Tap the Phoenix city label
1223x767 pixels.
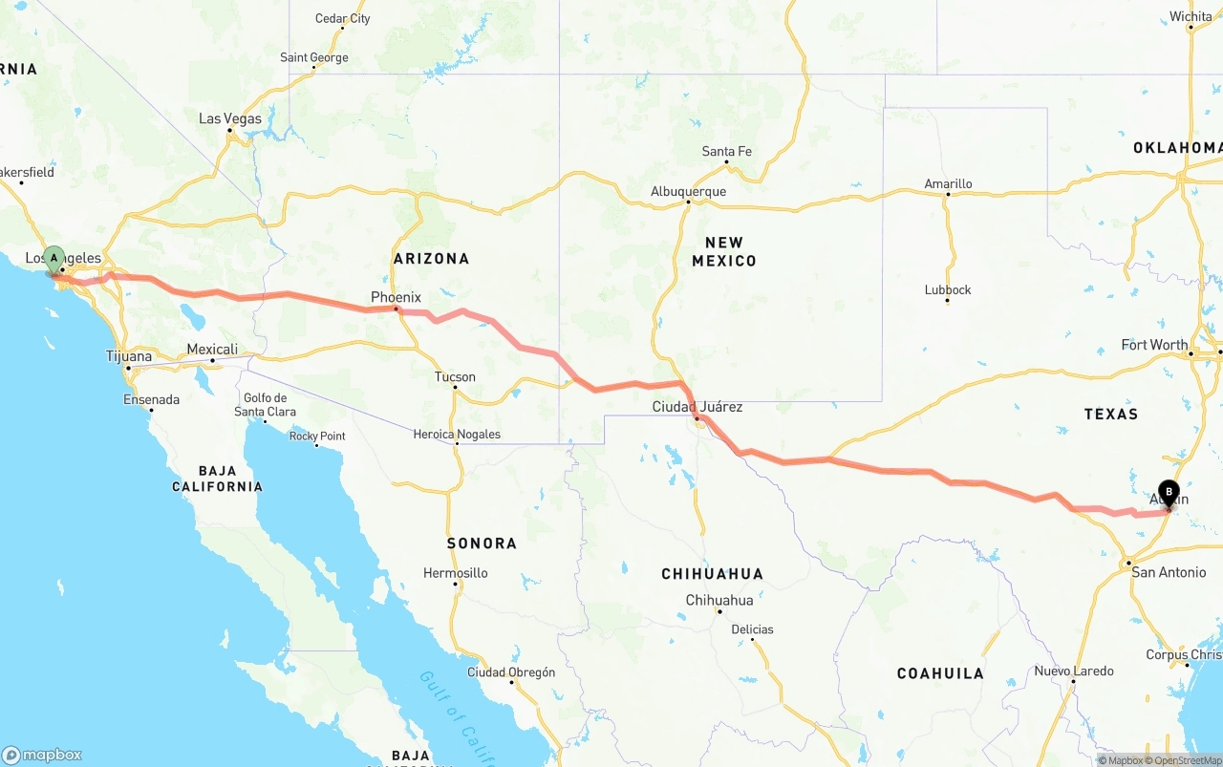[x=396, y=297]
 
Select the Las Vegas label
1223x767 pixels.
[x=229, y=118]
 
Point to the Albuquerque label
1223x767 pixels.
[x=688, y=191]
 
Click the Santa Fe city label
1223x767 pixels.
[x=726, y=151]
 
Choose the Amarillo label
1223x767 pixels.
[x=948, y=183]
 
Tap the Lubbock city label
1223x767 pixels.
[x=948, y=289]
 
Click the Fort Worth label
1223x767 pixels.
[x=1155, y=345]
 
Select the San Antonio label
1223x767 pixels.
[x=1168, y=572]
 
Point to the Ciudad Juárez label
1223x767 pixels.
[x=697, y=407]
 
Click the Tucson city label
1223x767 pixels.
[x=455, y=376]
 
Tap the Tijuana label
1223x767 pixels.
[x=128, y=356]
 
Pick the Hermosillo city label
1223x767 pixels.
[x=456, y=573]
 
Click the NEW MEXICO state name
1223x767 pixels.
[x=723, y=251]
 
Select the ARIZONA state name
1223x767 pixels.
[x=431, y=258]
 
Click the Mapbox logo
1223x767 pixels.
[x=42, y=755]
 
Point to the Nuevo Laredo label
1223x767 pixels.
[x=1073, y=671]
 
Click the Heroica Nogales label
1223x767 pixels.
[x=457, y=435]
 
